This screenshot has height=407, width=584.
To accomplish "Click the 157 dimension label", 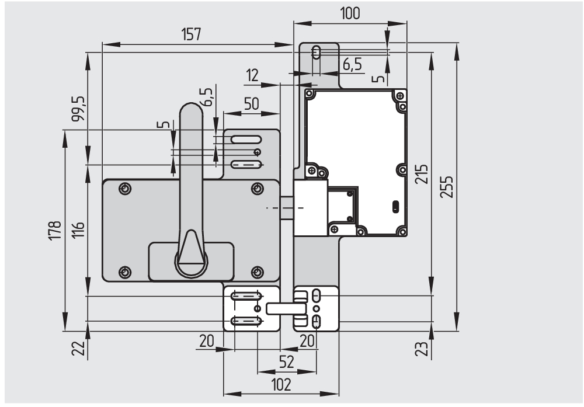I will (191, 34).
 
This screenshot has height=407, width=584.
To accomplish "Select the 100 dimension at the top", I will (350, 13).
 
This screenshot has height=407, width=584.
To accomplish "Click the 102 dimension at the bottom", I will (280, 385).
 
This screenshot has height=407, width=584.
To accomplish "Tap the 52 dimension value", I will (286, 363).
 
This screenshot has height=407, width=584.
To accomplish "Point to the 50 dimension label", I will (251, 104).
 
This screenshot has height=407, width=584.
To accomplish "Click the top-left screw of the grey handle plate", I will (124, 189).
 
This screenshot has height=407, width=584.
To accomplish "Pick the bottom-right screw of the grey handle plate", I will (258, 272).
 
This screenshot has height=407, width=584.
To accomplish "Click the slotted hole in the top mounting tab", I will (316, 53).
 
